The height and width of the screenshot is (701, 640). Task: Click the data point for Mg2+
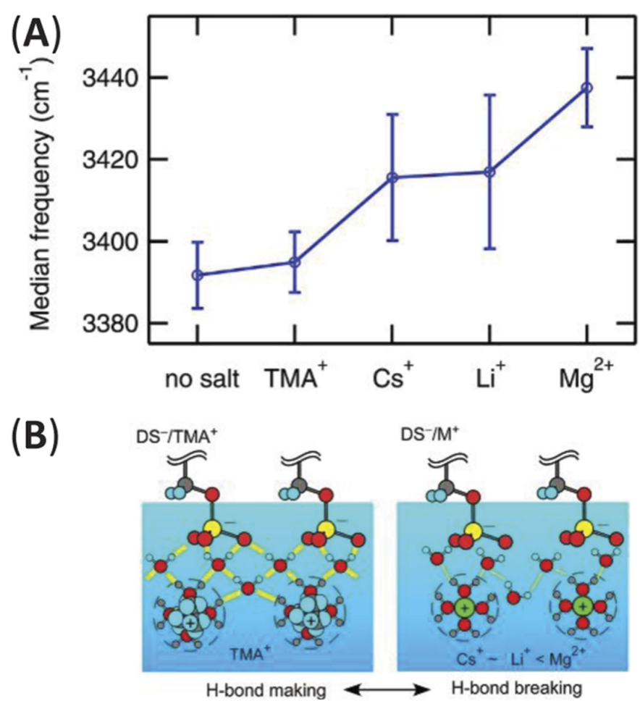point(587,88)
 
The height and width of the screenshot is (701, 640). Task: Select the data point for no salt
point(197,275)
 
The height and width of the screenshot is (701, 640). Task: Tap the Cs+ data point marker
point(392,177)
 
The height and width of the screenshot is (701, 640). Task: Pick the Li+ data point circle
point(490,172)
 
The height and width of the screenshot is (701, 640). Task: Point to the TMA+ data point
point(295,262)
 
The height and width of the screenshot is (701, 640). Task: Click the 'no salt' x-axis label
point(202,379)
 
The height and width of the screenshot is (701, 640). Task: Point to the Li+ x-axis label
point(489,377)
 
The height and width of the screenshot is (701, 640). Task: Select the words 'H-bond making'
point(266,689)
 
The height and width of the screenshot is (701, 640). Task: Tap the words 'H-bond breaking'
point(517,689)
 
